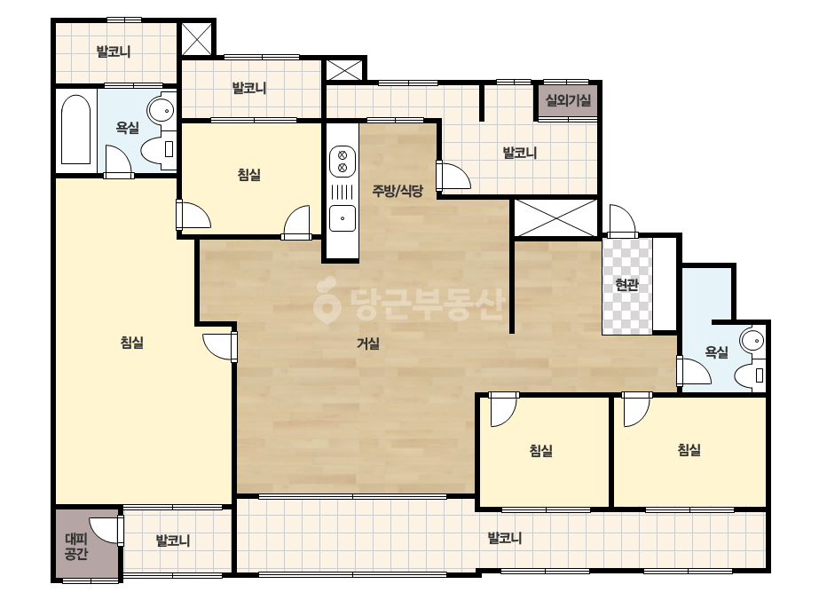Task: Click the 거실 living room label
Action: pos(367,343)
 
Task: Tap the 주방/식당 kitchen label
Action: pos(397,191)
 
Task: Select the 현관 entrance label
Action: pos(626,285)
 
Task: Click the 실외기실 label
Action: pos(568,99)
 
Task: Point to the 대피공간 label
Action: pos(76,546)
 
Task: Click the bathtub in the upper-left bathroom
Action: pos(76,130)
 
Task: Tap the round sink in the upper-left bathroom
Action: pos(161,110)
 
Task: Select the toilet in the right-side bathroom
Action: pos(750,375)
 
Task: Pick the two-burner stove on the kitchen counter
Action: pos(343,162)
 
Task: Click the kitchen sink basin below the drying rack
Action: pos(343,218)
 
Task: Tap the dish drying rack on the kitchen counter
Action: pos(343,192)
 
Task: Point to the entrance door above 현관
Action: pos(620,222)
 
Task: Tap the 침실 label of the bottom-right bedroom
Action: pos(689,449)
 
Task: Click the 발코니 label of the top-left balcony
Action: pos(114,51)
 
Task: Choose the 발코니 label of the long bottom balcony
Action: pos(505,538)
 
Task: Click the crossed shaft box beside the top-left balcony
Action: pos(197,38)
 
